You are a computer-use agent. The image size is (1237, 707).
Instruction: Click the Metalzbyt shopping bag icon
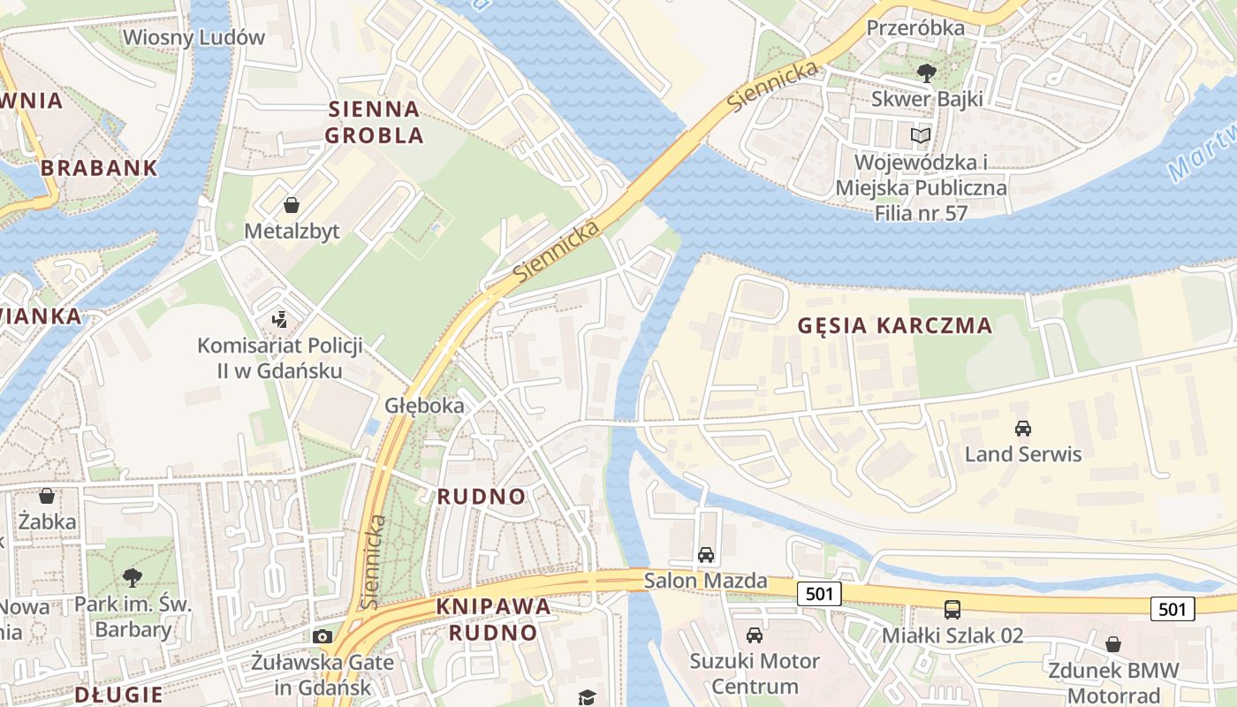pos(292,206)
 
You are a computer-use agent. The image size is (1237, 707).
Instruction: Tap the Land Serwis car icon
pos(1023,429)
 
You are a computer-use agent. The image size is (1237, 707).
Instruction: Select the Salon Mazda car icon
pos(706,555)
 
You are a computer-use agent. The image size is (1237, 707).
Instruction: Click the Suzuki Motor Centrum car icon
pos(755,635)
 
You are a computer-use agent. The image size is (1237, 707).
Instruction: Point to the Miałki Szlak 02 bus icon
pos(952,609)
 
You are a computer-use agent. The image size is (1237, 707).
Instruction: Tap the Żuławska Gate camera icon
pos(323,636)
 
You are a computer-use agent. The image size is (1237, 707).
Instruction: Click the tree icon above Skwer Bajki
pos(927,72)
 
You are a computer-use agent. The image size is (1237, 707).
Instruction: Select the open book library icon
pos(921,136)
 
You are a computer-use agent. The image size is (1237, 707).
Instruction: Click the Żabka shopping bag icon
pos(47,496)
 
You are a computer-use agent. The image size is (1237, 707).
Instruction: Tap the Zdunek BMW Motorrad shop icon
pos(1113,644)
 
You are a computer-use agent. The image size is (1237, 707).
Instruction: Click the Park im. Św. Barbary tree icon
pos(133,578)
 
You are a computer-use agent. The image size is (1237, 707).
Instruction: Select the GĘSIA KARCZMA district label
pos(895,325)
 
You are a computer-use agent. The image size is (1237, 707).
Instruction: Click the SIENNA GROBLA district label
pos(374,122)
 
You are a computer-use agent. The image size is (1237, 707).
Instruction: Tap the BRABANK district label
pos(99,167)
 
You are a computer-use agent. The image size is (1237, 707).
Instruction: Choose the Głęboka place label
pos(424,406)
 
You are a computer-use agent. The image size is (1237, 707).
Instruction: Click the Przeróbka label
pos(915,27)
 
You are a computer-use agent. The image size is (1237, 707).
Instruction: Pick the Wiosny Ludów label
pos(194,37)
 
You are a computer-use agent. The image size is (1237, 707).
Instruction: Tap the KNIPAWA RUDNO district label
pos(493,620)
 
